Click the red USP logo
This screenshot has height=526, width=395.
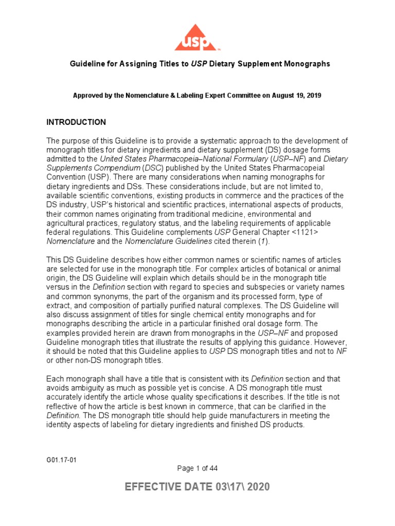point(197,37)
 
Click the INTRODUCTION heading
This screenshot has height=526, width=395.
point(76,122)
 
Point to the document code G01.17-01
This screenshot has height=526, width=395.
point(62,460)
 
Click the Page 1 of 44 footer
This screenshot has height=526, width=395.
point(197,468)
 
